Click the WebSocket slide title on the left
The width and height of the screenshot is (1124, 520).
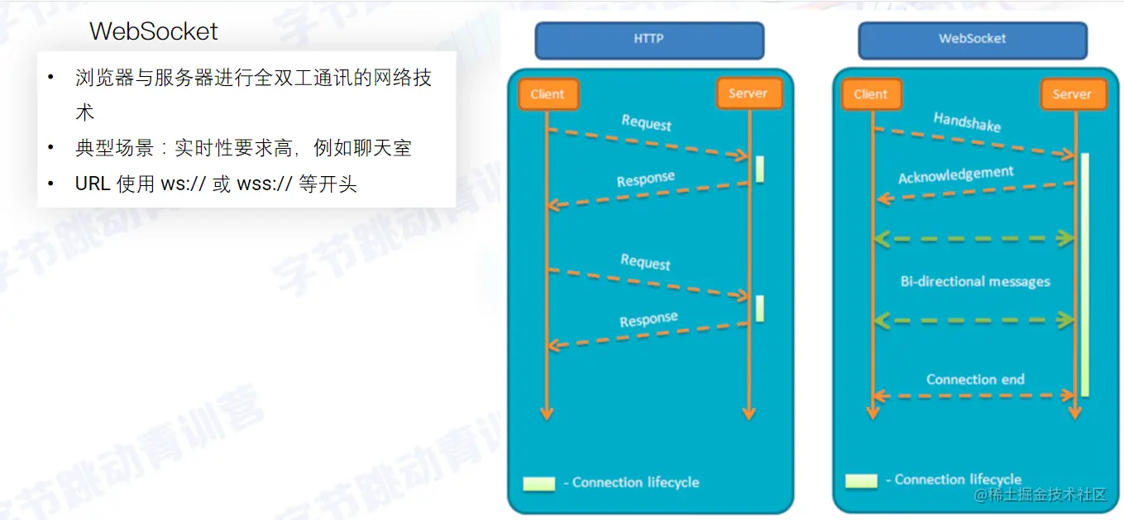(x=154, y=31)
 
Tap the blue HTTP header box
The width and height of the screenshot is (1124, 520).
(x=649, y=40)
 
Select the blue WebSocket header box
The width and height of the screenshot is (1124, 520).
(x=972, y=40)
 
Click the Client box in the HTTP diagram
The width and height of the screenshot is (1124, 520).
(x=548, y=94)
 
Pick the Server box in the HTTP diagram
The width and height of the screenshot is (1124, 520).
(x=749, y=93)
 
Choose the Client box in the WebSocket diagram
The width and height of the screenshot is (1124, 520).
(x=871, y=94)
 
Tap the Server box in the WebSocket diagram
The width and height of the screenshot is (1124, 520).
(x=1072, y=94)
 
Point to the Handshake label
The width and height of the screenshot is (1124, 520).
(x=967, y=122)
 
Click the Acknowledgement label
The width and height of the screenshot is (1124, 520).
(x=955, y=175)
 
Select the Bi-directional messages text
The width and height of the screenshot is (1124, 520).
(x=975, y=281)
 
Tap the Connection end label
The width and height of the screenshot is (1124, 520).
(x=975, y=379)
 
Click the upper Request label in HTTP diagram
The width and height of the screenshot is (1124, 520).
(x=646, y=123)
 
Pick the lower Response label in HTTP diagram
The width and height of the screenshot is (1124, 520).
(x=648, y=319)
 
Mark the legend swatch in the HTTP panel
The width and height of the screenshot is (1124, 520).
(x=538, y=484)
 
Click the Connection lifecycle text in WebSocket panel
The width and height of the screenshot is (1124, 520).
(x=958, y=479)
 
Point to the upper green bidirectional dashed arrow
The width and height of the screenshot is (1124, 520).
(x=973, y=238)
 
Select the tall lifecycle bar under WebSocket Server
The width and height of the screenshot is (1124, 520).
(x=1084, y=273)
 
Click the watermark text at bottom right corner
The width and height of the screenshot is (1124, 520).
(x=1040, y=494)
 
